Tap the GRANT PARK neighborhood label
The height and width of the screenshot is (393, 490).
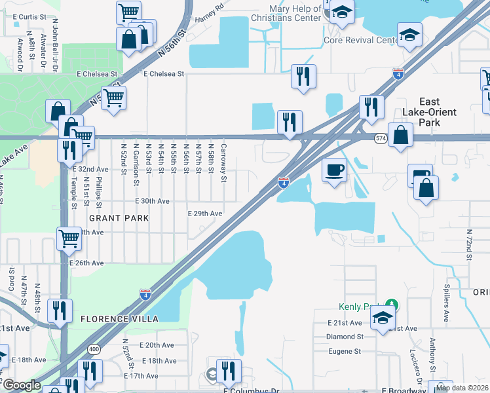point(119,217)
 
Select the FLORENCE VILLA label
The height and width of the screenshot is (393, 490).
point(120,318)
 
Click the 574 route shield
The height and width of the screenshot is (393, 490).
point(381,139)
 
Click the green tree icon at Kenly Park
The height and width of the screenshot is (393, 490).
point(392,305)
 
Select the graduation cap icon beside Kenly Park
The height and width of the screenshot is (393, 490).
point(382,319)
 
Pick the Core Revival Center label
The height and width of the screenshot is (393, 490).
point(360,41)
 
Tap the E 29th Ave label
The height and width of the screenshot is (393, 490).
point(205,214)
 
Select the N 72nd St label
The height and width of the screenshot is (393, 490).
point(469,244)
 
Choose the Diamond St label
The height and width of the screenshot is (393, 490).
point(345,337)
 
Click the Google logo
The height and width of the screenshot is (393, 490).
point(21,385)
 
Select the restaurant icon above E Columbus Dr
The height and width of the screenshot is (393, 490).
point(229,370)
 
